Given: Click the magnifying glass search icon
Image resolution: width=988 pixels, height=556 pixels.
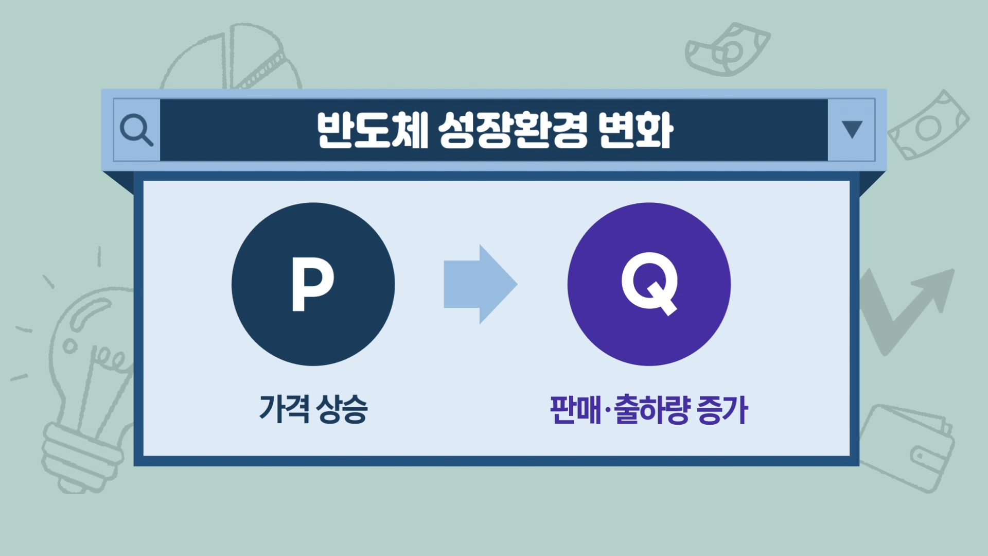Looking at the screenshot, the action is pyautogui.click(x=136, y=130).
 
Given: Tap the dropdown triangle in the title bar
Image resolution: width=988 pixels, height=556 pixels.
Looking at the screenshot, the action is pyautogui.click(x=852, y=129).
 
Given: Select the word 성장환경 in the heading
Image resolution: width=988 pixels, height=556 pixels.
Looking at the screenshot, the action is pyautogui.click(x=513, y=130).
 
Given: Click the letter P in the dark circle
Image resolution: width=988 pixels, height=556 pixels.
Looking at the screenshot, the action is pyautogui.click(x=313, y=284).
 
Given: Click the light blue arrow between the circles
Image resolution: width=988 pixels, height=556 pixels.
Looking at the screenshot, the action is pyautogui.click(x=480, y=284).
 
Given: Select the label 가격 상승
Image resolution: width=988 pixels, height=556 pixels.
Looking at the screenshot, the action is pyautogui.click(x=313, y=409).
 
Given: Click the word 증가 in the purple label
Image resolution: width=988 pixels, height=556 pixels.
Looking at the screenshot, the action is pyautogui.click(x=721, y=410).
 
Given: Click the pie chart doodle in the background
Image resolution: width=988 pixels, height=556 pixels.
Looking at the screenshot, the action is pyautogui.click(x=232, y=57).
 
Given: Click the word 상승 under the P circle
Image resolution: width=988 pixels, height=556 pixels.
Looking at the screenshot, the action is pyautogui.click(x=342, y=409).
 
